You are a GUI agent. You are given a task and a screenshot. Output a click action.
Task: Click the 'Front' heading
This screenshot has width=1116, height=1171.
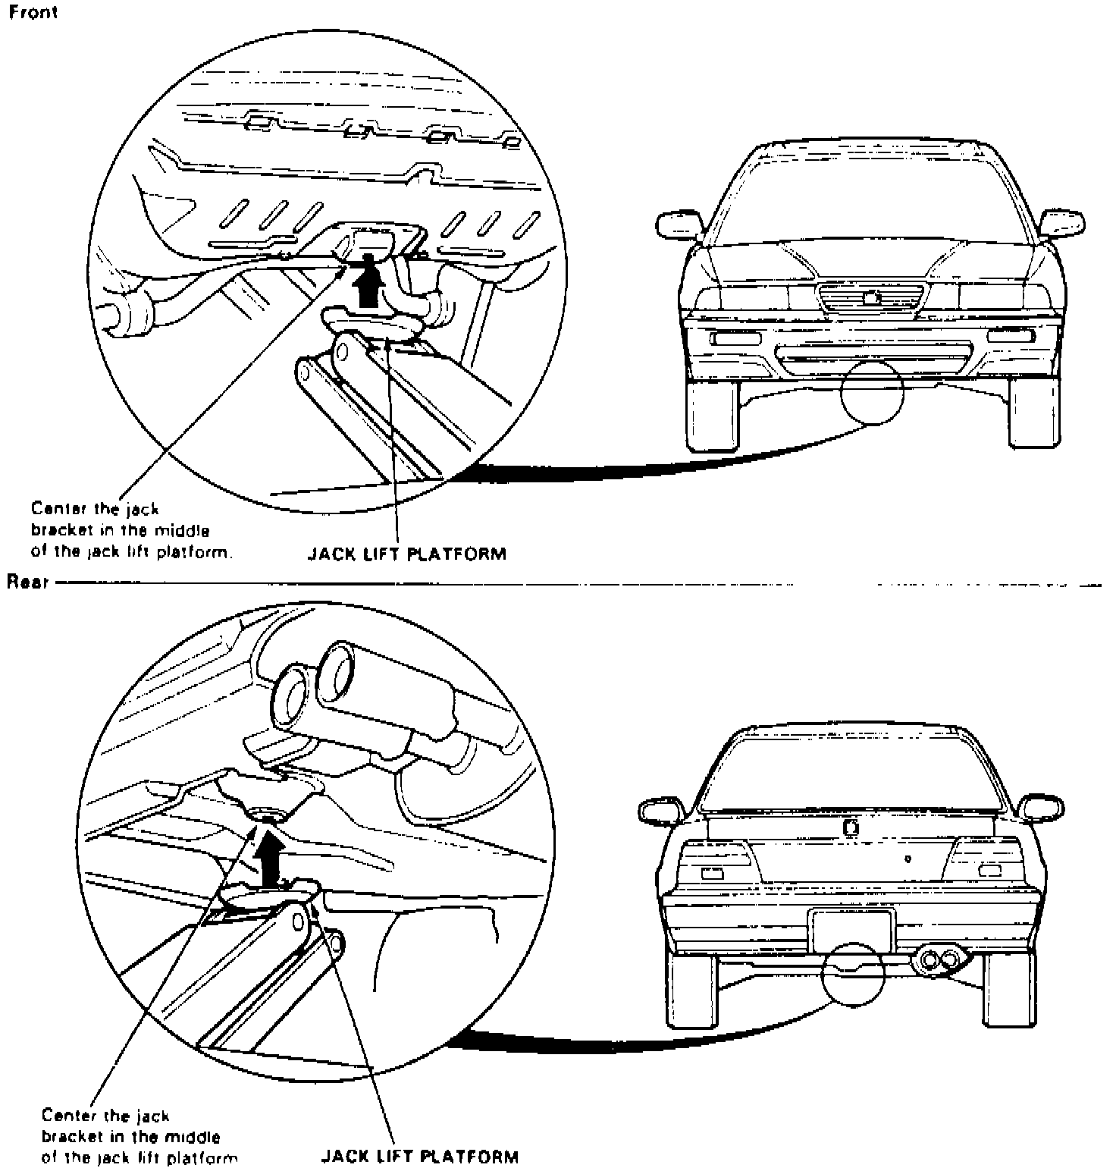point(33,14)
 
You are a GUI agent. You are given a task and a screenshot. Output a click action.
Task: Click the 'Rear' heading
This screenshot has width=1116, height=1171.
point(28,582)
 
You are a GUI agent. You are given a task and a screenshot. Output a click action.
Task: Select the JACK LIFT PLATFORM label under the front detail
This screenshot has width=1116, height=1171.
point(406,553)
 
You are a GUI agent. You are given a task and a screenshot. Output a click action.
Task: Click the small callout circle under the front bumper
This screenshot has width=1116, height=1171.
point(872,391)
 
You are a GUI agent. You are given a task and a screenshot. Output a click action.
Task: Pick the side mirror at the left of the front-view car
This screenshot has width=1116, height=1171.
point(679,224)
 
